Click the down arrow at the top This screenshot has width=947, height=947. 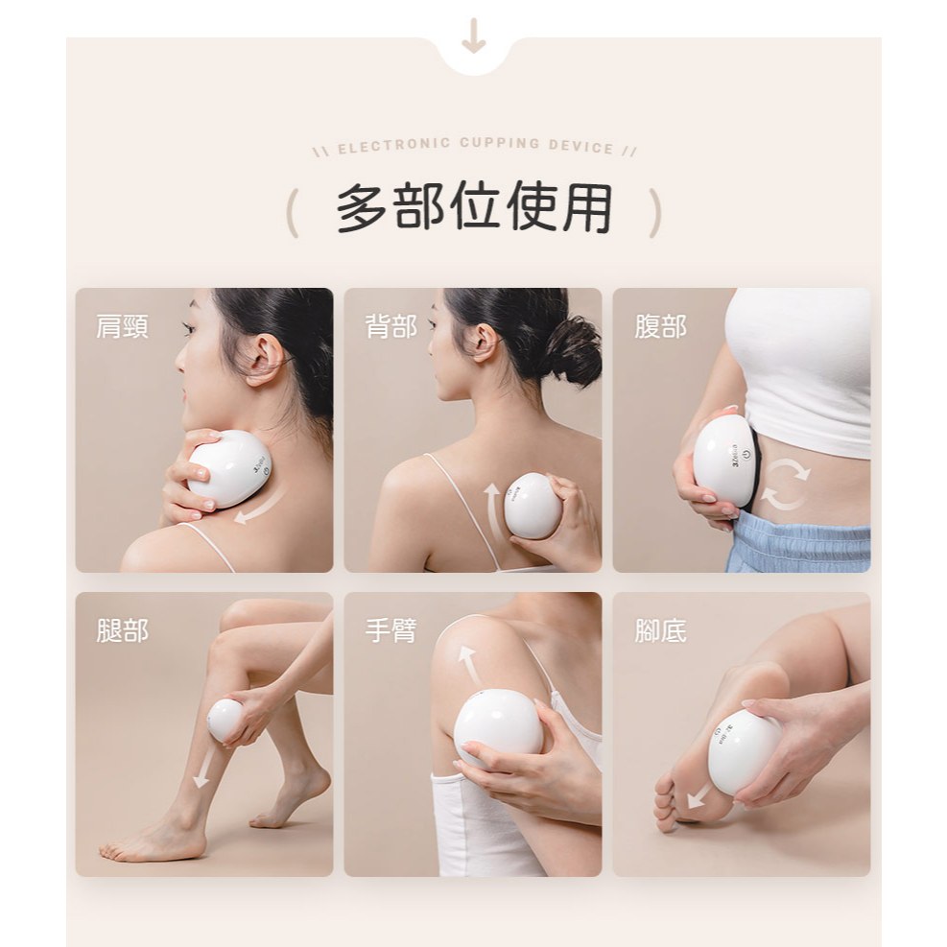[474, 36]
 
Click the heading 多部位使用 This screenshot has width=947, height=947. [474, 207]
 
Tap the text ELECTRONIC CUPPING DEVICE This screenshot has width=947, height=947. [475, 146]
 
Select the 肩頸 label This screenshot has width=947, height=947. [122, 326]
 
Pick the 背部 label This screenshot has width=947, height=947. [391, 326]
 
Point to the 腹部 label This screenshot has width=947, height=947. [660, 326]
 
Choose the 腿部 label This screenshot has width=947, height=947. [122, 630]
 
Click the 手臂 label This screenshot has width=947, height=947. [391, 630]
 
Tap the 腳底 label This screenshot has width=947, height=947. [660, 630]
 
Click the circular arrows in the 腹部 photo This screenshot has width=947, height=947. [785, 485]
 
